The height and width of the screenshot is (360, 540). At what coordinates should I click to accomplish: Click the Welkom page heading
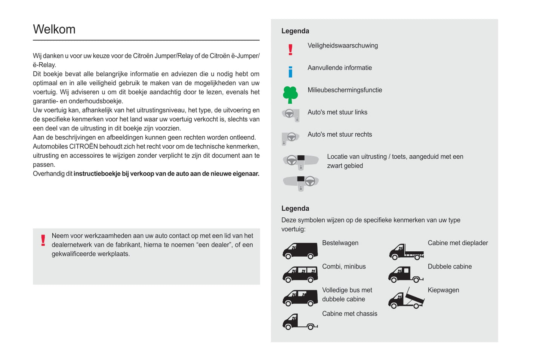(54, 29)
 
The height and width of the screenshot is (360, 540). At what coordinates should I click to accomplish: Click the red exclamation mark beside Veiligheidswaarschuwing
(290, 50)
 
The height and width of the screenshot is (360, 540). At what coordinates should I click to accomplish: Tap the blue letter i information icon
(290, 71)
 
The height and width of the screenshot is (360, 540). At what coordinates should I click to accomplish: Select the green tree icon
(290, 94)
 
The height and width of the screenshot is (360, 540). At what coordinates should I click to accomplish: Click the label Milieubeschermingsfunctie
(345, 90)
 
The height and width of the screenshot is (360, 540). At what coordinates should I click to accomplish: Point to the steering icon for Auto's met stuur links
(291, 115)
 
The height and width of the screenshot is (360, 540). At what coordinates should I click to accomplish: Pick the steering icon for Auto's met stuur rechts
(290, 138)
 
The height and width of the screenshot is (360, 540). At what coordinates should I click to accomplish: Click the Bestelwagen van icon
(300, 251)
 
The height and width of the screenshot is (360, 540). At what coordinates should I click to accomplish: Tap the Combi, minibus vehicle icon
(300, 274)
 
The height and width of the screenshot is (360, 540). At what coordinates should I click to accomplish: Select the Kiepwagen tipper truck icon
(406, 299)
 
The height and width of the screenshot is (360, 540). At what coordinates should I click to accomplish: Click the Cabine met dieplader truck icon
(406, 252)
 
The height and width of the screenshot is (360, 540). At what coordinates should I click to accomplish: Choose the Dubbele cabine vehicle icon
(405, 275)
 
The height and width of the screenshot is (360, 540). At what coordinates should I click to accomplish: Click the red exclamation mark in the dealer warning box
(43, 240)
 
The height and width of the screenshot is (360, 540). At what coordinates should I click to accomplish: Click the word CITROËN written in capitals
(83, 146)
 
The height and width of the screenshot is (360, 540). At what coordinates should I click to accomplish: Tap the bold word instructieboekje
(97, 174)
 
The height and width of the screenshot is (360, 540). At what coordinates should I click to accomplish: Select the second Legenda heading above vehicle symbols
(295, 208)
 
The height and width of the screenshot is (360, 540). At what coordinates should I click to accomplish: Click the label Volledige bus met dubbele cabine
(347, 295)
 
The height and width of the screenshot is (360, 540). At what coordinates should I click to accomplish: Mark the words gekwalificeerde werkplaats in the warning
(90, 254)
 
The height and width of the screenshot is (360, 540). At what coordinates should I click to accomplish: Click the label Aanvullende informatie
(339, 68)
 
